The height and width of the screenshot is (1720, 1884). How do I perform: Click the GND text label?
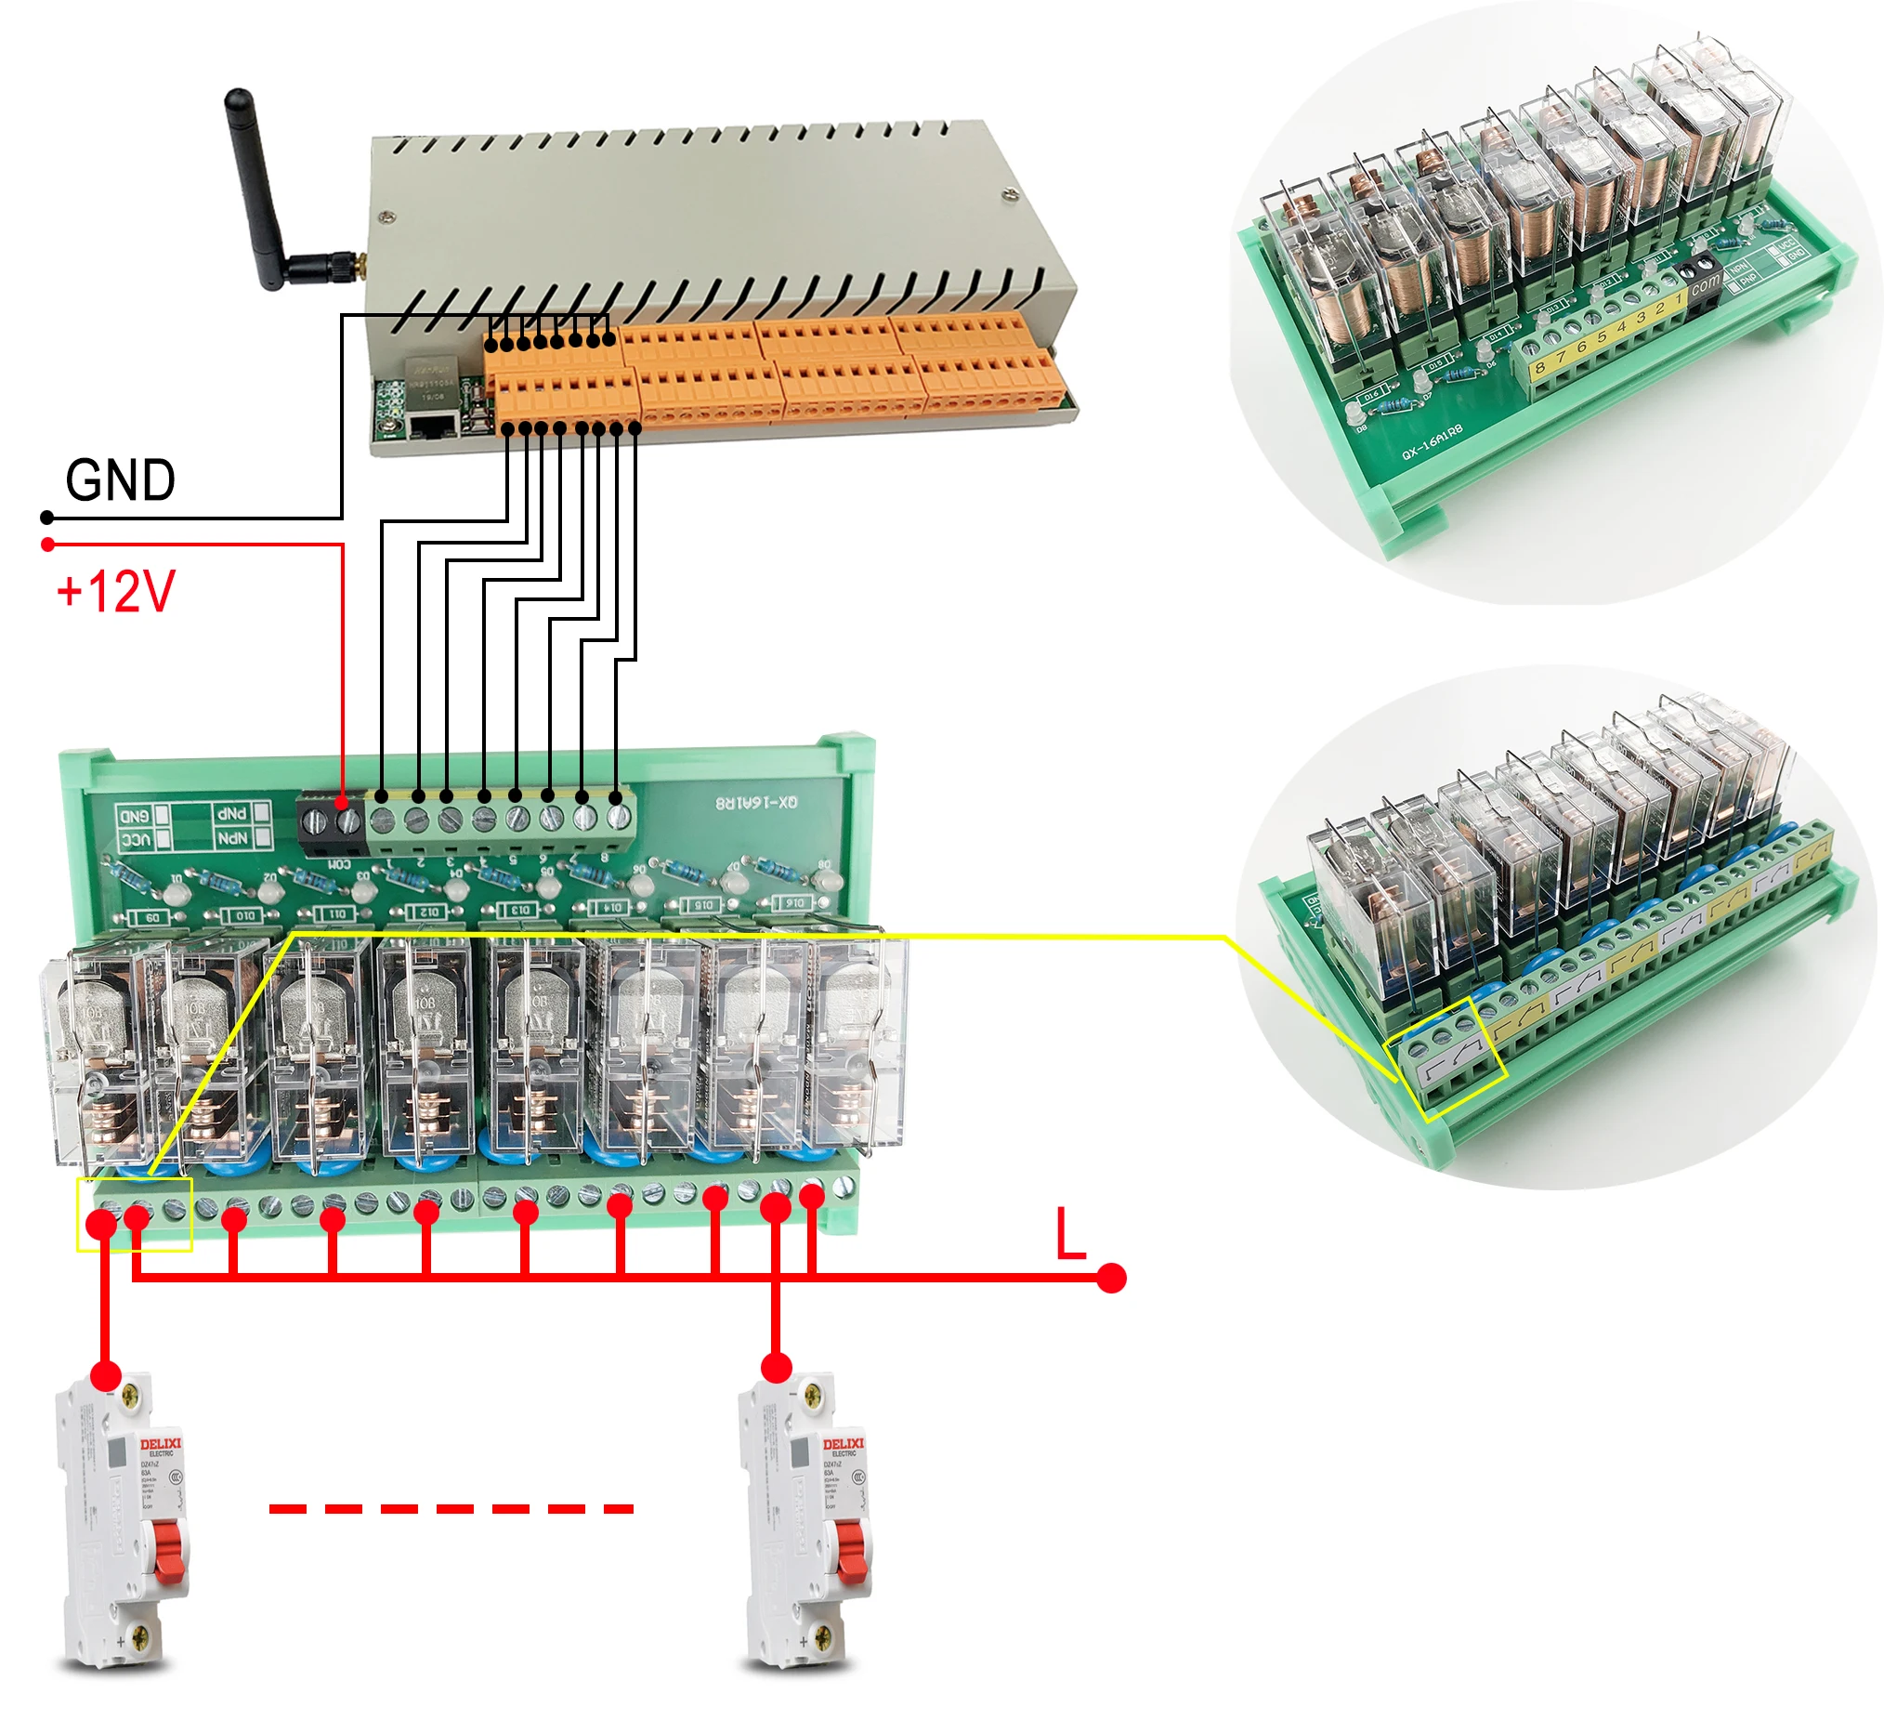click(x=121, y=480)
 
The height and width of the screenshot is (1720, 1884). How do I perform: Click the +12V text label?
click(x=116, y=592)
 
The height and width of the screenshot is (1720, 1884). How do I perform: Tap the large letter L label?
click(x=1069, y=1234)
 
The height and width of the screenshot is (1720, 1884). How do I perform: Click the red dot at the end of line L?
click(x=1110, y=1278)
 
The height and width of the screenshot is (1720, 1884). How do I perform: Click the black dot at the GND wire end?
click(x=47, y=518)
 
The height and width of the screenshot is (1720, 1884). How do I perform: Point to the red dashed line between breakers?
click(x=451, y=1509)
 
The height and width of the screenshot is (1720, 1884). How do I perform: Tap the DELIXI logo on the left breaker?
click(x=161, y=1443)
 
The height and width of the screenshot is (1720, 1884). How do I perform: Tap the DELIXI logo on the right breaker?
click(x=843, y=1443)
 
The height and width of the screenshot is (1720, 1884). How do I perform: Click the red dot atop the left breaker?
click(x=107, y=1376)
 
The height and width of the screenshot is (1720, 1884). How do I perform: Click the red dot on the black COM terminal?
click(x=342, y=802)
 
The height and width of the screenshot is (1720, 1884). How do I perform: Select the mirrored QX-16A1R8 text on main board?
click(x=756, y=803)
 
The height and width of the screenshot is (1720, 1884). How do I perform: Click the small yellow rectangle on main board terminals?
click(x=135, y=1215)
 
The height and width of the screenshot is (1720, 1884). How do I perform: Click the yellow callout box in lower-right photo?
click(x=1446, y=1058)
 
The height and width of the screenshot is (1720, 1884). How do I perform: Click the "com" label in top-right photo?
click(x=1705, y=282)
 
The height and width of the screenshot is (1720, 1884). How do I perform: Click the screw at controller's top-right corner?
click(x=1008, y=195)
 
